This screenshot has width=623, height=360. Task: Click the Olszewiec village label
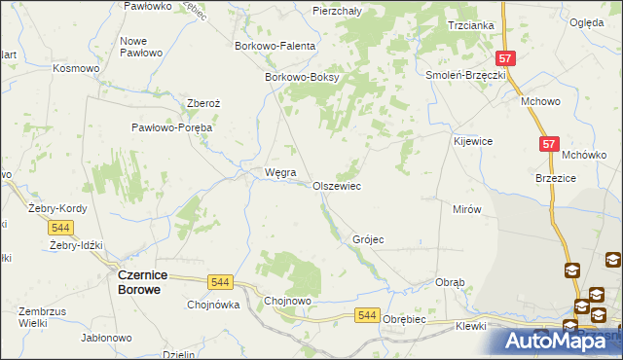[337, 186]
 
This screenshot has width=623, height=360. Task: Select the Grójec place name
[368, 239]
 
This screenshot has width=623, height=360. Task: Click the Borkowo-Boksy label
[300, 79]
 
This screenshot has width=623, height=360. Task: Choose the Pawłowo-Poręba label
[172, 127]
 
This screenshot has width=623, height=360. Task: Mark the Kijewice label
[473, 141]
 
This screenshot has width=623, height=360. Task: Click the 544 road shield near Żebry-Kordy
[60, 228]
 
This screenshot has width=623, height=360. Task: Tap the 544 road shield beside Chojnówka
[220, 282]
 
